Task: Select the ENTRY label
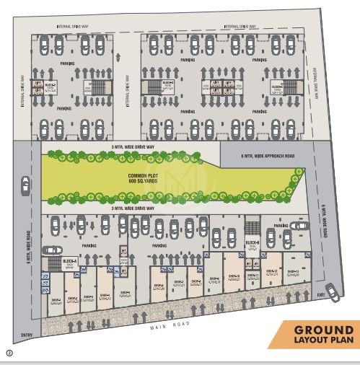(x=27, y=335)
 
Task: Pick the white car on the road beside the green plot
(x=26, y=187)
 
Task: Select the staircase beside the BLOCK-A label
(x=55, y=264)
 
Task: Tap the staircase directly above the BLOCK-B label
(x=252, y=228)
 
